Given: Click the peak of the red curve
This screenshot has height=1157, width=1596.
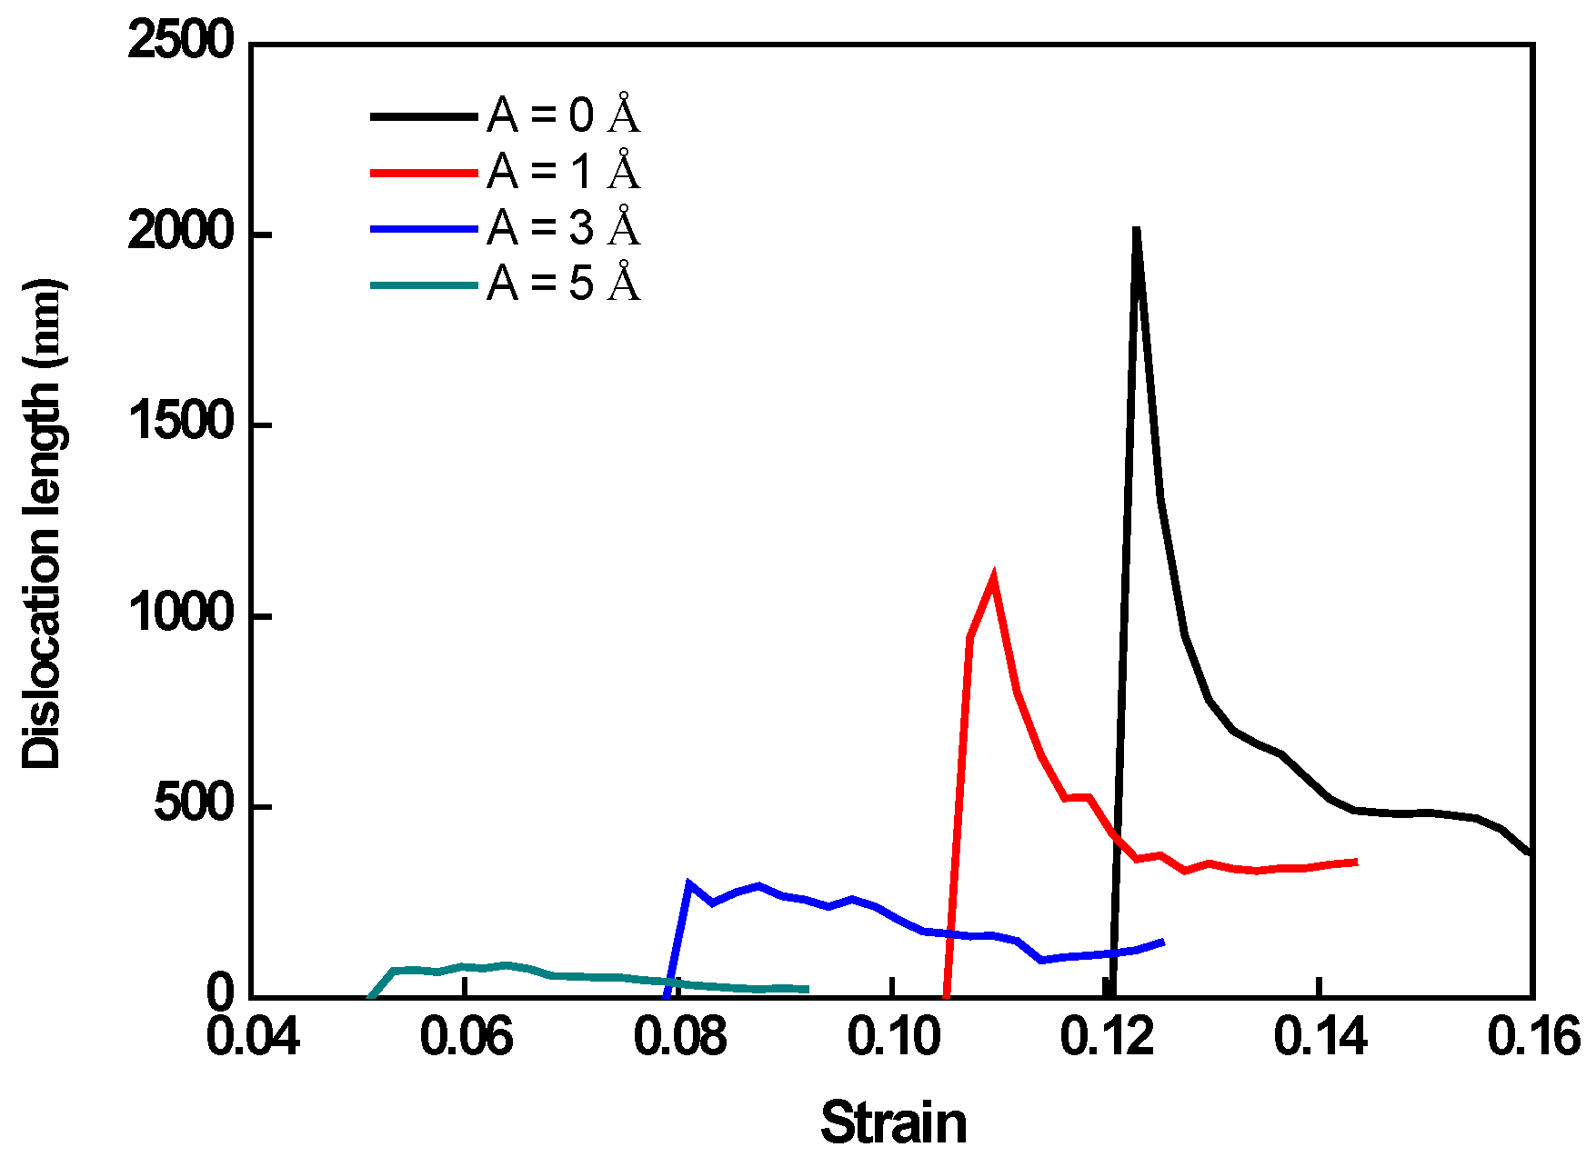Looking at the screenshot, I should pyautogui.click(x=993, y=578).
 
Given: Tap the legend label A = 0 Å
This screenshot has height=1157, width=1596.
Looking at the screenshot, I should pyautogui.click(x=563, y=115).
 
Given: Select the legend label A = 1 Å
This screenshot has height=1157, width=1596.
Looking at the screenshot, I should pyautogui.click(x=563, y=171).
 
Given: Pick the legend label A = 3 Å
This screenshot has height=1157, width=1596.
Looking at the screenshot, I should pyautogui.click(x=563, y=227).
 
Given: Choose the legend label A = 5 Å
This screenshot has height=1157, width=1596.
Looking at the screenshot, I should pyautogui.click(x=563, y=284).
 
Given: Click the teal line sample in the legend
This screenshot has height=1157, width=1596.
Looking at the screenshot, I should pyautogui.click(x=424, y=285).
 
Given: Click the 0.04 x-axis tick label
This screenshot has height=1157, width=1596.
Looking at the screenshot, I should pyautogui.click(x=253, y=1038).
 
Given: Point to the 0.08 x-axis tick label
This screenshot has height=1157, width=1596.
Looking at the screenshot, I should pyautogui.click(x=679, y=1038).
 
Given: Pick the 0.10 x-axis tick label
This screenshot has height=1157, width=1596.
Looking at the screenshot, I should pyautogui.click(x=893, y=1038).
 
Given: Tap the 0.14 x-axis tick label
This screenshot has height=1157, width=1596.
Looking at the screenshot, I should pyautogui.click(x=1320, y=1038).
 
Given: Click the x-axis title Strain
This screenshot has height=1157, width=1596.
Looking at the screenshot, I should pyautogui.click(x=893, y=1123).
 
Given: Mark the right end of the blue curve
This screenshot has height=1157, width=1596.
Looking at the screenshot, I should pyautogui.click(x=1163, y=942).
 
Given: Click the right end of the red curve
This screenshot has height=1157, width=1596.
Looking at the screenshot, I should pyautogui.click(x=1357, y=861).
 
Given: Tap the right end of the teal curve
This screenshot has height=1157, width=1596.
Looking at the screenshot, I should pyautogui.click(x=808, y=989).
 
